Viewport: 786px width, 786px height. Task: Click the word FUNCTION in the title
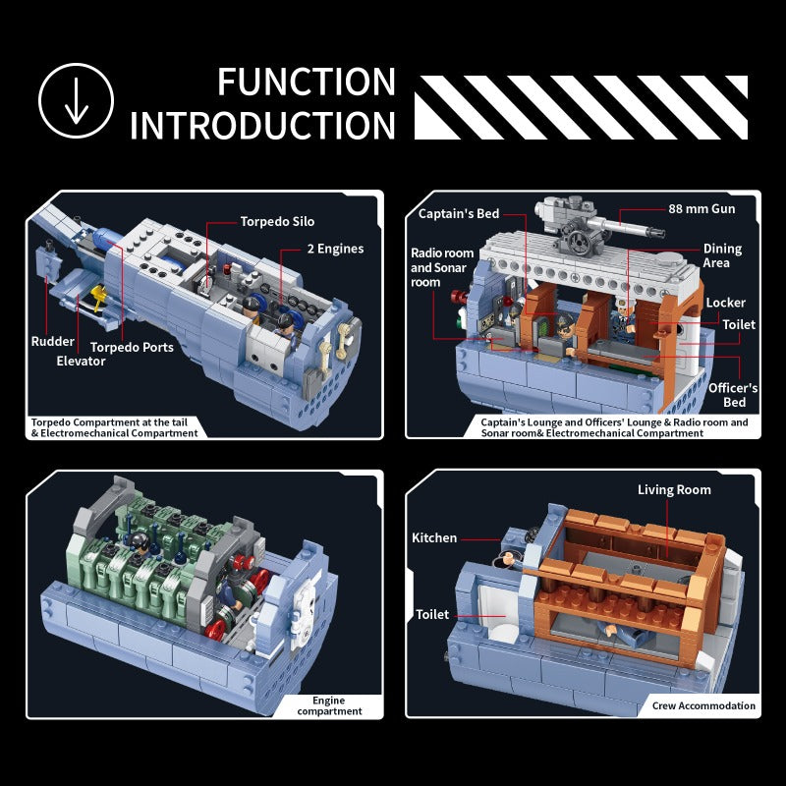pos(307,83)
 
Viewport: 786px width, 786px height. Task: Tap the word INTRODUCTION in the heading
pos(262,126)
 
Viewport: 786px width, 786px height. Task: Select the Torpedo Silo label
pos(277,222)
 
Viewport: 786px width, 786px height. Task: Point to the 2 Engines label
pos(335,250)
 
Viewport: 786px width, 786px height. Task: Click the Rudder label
pos(53,341)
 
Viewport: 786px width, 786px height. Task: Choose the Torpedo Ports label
pos(132,348)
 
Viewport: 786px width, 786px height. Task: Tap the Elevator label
pos(81,361)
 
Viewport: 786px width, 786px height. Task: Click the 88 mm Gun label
pos(702,209)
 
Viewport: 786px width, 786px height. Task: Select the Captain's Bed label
pos(459,214)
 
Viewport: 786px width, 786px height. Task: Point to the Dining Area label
pos(722,255)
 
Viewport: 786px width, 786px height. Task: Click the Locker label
pos(725,303)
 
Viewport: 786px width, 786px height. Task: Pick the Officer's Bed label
pos(733,395)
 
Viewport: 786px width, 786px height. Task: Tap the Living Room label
pos(674,489)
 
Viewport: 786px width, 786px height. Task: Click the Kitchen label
pos(434,537)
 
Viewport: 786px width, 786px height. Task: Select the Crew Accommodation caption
pos(703,705)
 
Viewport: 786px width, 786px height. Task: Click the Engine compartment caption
pos(329,705)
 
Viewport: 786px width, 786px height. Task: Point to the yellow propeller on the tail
pos(98,294)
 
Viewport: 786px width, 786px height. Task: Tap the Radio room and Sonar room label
pos(441,267)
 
